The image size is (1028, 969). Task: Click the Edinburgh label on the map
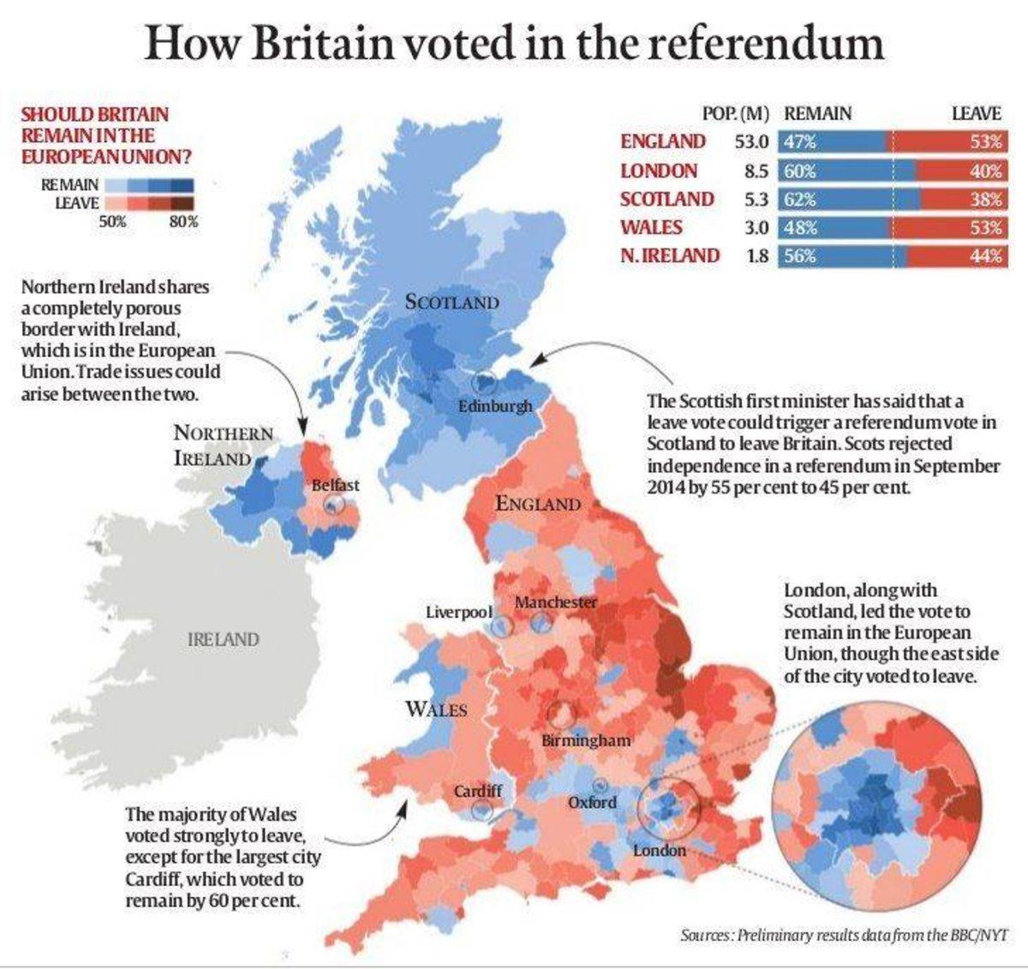(494, 405)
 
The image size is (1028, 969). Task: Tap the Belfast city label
(335, 485)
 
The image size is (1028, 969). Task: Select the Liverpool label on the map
(458, 613)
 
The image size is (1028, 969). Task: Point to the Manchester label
(555, 602)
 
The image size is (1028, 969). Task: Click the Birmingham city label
(586, 739)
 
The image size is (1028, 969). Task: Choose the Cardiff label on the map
(477, 791)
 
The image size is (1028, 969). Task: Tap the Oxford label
(592, 803)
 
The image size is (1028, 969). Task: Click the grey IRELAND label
(223, 639)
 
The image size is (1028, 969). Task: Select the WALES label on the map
(436, 709)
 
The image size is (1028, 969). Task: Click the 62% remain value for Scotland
(799, 200)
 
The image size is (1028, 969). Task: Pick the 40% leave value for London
(985, 171)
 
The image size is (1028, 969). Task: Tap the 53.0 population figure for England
(751, 142)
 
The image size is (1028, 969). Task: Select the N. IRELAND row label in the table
(670, 255)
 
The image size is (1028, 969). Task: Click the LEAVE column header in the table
(976, 113)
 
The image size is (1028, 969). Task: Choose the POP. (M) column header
(735, 113)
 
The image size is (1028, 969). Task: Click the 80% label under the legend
(182, 222)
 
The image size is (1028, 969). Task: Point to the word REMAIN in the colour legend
(69, 184)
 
